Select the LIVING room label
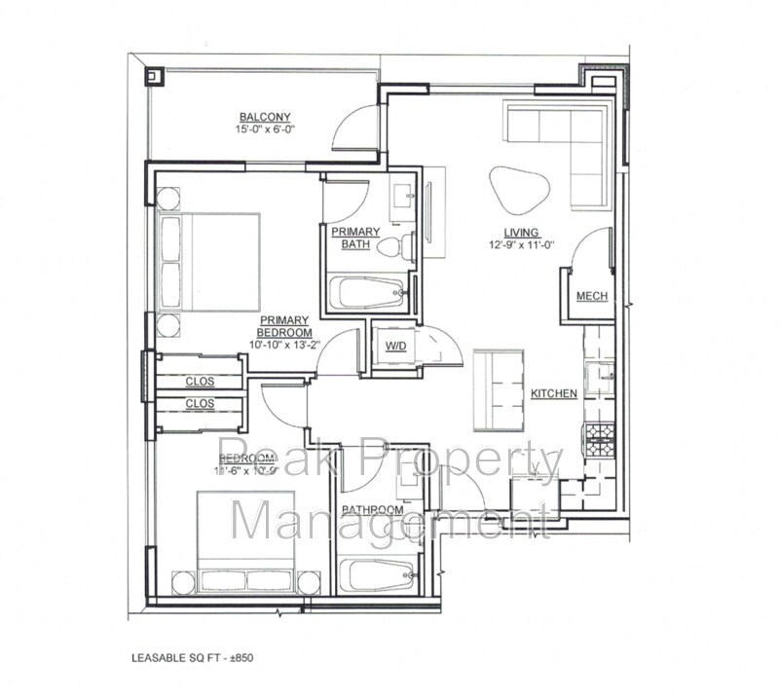coord(522,232)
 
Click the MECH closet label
coord(592,296)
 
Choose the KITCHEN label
coord(554,393)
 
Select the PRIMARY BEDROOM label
coord(283,326)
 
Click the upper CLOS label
coord(199,381)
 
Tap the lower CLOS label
coord(199,403)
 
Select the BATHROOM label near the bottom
coord(372,510)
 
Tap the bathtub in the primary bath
coord(368,291)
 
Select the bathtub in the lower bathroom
coord(378,576)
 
